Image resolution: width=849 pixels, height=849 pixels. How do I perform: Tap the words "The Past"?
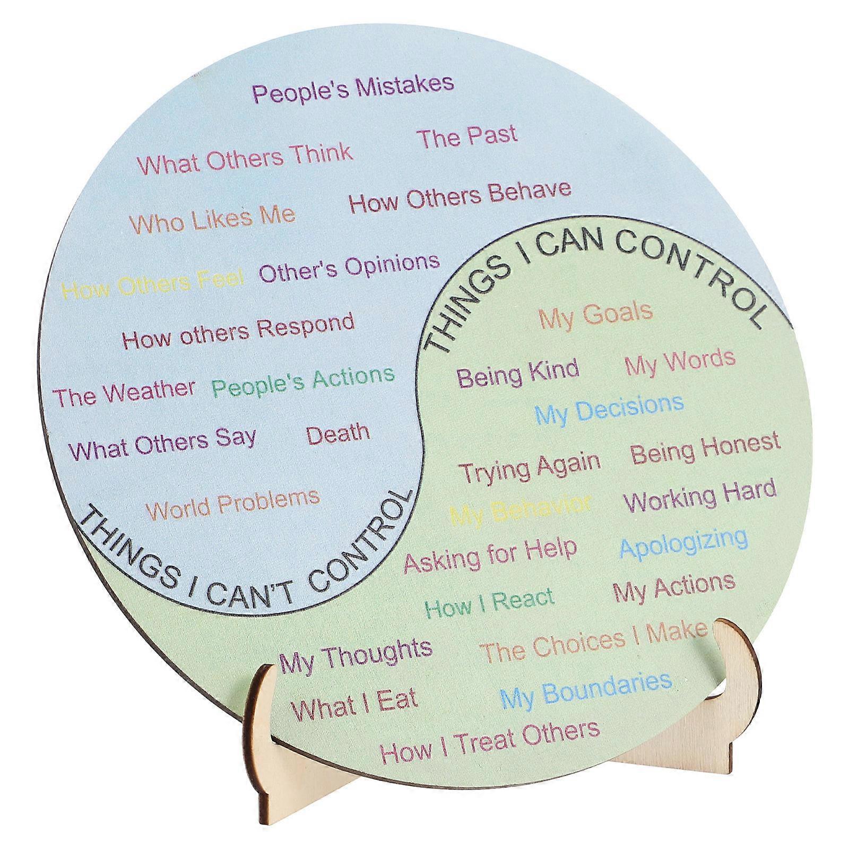[x=467, y=136]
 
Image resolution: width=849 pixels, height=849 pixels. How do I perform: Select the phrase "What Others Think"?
[x=245, y=158]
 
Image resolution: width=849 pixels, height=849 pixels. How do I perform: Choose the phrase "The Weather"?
[x=125, y=393]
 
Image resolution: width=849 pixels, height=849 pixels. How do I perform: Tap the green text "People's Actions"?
[x=303, y=381]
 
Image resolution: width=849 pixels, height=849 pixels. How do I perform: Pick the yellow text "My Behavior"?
[x=520, y=509]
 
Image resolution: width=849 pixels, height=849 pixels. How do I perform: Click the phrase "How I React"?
[x=489, y=603]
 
